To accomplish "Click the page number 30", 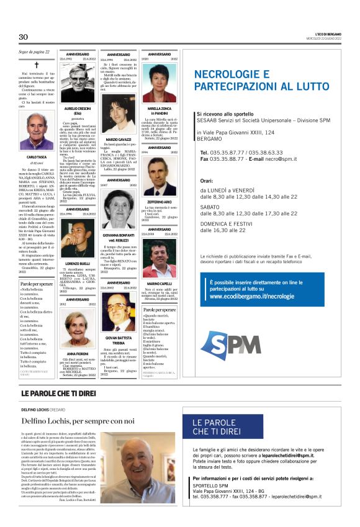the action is [x=24, y=37].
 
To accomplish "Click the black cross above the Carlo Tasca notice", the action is [x=36, y=65].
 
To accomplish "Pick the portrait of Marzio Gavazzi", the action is [x=117, y=114].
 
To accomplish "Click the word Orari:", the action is [x=207, y=181].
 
